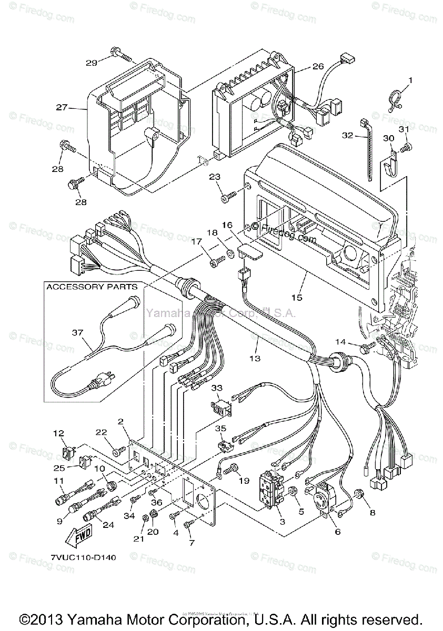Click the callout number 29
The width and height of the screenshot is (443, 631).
tap(92, 63)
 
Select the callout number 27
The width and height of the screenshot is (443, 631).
tap(62, 107)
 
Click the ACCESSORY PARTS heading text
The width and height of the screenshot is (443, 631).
tap(92, 287)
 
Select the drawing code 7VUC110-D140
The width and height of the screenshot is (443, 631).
tap(84, 557)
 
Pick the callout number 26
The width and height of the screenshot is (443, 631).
tap(318, 66)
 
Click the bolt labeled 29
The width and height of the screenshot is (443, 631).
tap(122, 54)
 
